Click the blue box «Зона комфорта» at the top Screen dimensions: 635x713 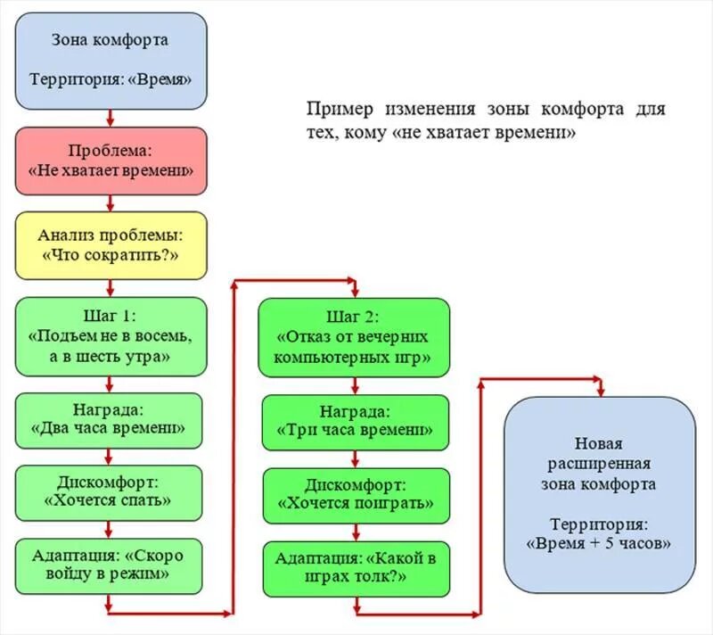pyautogui.click(x=111, y=60)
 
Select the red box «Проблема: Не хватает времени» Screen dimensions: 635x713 pyautogui.click(x=111, y=161)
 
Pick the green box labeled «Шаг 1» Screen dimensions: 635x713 pyautogui.click(x=111, y=335)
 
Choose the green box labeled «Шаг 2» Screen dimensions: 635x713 pyautogui.click(x=354, y=336)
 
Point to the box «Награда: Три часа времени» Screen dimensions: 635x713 pyautogui.click(x=354, y=422)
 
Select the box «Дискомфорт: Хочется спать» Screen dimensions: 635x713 pyautogui.click(x=111, y=491)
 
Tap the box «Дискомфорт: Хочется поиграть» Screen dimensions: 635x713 pyautogui.click(x=354, y=495)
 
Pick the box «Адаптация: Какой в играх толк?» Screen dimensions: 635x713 pyautogui.click(x=354, y=569)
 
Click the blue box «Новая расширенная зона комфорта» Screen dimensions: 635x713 pyautogui.click(x=599, y=495)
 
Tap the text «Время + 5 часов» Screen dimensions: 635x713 pyautogui.click(x=599, y=543)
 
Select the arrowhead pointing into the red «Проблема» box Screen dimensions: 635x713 pyautogui.click(x=111, y=121)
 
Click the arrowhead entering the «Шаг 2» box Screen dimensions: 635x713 pyautogui.click(x=354, y=293)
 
